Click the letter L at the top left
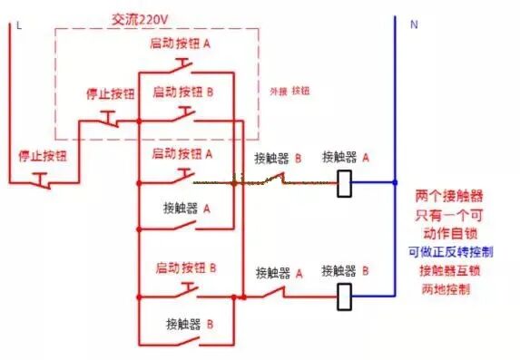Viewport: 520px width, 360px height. [x=18, y=25]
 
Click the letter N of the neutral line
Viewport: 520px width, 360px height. [x=414, y=24]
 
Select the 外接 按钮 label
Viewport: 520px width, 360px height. [x=290, y=92]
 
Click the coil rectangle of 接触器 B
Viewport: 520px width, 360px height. [x=344, y=296]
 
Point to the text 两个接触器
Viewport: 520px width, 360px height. [x=448, y=195]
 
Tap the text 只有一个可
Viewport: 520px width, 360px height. [x=448, y=214]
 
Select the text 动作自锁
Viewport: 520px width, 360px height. [x=448, y=233]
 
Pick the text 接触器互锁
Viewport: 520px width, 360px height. [x=448, y=270]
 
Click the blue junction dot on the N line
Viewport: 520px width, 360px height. [x=395, y=182]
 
